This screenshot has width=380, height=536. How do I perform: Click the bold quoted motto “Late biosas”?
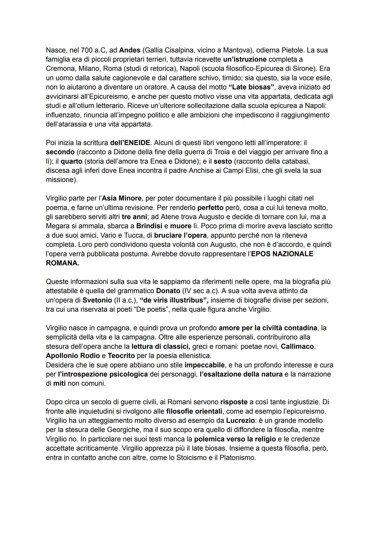click(x=251, y=87)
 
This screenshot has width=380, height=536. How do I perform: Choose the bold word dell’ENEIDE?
click(x=130, y=143)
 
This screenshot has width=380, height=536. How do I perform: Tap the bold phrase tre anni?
click(x=134, y=217)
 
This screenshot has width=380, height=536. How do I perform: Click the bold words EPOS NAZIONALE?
click(x=282, y=254)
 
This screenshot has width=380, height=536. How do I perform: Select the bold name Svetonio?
click(x=96, y=300)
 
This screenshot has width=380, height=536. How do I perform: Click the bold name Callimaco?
click(x=297, y=346)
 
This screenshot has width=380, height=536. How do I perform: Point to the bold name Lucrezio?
click(x=240, y=420)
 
